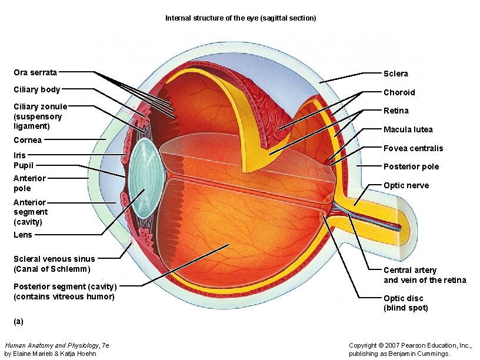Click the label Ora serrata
[x=35, y=72]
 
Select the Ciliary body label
[x=36, y=89]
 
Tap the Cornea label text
[x=28, y=140]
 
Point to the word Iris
[x=19, y=155]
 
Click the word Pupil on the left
[x=23, y=165]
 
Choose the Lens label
[x=23, y=235]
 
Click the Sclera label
[x=395, y=74]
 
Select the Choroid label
[x=399, y=92]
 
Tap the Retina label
[x=396, y=111]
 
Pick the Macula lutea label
[x=408, y=129]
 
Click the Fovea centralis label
[x=413, y=148]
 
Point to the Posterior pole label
[x=411, y=166]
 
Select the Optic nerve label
[x=406, y=185]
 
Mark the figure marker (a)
[x=18, y=321]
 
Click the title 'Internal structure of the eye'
[x=240, y=18]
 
